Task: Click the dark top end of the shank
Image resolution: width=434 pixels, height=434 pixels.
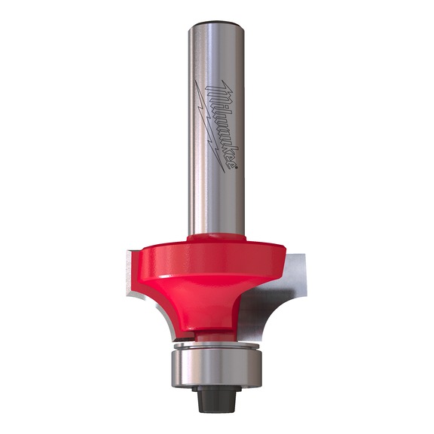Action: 216,23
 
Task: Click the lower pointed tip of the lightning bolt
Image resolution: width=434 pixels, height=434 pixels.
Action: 225,173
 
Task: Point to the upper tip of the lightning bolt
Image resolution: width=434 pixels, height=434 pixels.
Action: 195,81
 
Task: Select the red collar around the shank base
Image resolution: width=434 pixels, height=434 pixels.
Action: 216,238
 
